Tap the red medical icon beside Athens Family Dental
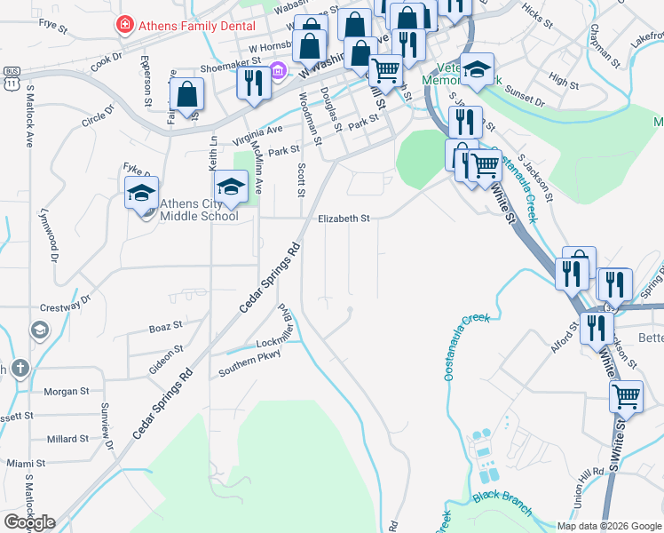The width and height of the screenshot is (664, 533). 126,25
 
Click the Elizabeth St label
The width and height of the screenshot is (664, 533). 344,218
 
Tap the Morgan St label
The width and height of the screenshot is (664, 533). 67,391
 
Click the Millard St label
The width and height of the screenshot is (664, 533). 67,439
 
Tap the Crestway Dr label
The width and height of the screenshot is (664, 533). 66,306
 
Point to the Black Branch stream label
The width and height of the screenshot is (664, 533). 502,503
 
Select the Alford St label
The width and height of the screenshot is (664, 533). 564,338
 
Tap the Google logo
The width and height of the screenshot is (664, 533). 29,522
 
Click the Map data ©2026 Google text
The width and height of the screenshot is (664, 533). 608,526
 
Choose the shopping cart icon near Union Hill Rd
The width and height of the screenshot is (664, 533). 627,395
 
